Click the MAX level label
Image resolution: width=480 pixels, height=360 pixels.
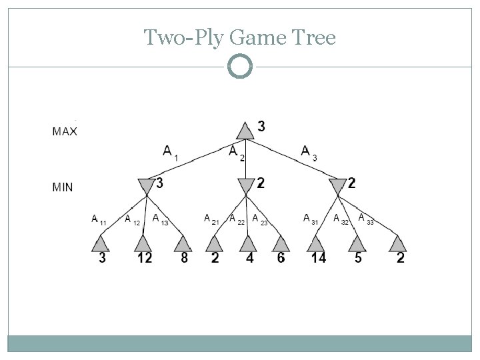click(65, 131)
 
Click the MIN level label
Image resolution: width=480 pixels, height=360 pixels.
click(63, 187)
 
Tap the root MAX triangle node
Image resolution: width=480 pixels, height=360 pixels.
click(246, 131)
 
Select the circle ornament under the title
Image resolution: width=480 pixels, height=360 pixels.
click(240, 66)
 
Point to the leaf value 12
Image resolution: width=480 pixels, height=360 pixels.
click(144, 258)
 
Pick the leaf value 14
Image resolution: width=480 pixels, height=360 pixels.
click(317, 258)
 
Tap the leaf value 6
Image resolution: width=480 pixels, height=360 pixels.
click(281, 258)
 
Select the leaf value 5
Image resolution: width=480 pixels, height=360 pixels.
click(358, 258)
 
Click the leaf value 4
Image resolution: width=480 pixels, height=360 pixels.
click(249, 258)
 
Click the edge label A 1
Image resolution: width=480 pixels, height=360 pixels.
click(171, 153)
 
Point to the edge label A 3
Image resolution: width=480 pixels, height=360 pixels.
click(309, 153)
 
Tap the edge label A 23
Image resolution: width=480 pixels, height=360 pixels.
click(260, 219)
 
